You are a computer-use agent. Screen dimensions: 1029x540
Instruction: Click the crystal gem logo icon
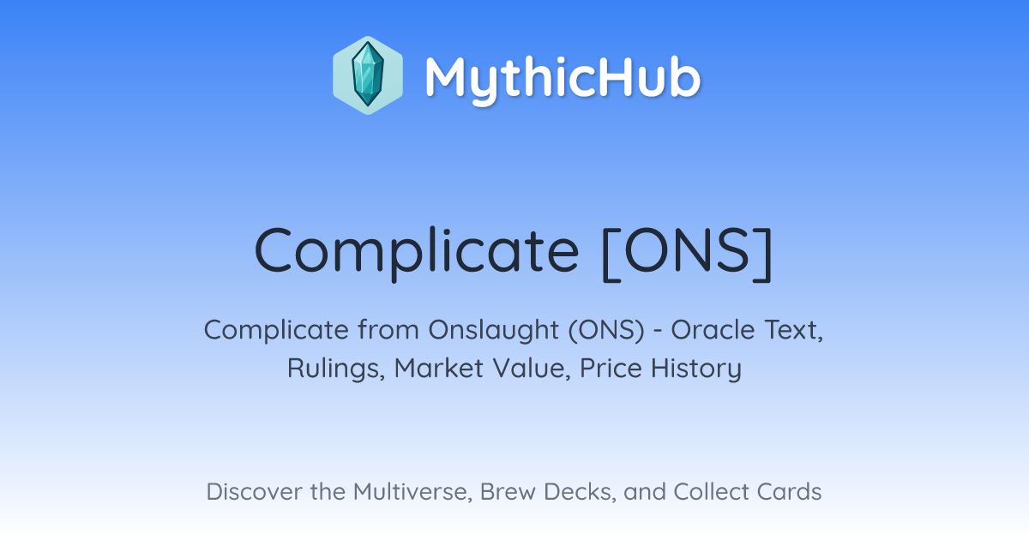coord(368,75)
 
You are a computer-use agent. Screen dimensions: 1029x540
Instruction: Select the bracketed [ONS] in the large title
coord(688,253)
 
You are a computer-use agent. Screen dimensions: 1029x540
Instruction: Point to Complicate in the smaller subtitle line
coord(276,330)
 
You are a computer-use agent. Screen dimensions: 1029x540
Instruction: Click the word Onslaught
coord(494,330)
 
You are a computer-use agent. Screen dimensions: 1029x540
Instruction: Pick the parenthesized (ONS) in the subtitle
coord(607,330)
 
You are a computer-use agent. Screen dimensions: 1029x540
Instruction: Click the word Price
coord(611,369)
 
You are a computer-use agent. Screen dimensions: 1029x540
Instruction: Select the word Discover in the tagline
coord(255,492)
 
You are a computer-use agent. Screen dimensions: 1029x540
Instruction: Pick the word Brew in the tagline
coord(508,492)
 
